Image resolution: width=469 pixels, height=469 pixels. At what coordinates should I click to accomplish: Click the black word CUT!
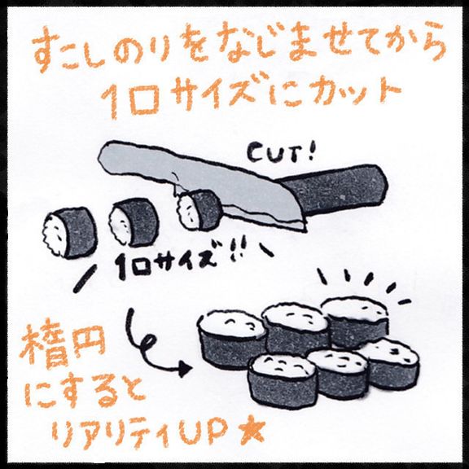[x=281, y=153]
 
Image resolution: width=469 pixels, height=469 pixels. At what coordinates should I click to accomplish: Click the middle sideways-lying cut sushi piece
[x=134, y=222]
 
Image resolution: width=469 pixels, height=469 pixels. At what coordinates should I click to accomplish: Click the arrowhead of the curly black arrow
[x=186, y=369]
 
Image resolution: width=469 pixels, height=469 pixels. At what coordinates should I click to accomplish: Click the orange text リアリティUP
[x=143, y=434]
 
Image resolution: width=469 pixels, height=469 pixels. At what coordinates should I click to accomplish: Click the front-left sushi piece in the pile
[x=283, y=380]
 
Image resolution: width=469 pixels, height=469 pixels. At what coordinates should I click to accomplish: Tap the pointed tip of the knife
[x=306, y=231]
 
